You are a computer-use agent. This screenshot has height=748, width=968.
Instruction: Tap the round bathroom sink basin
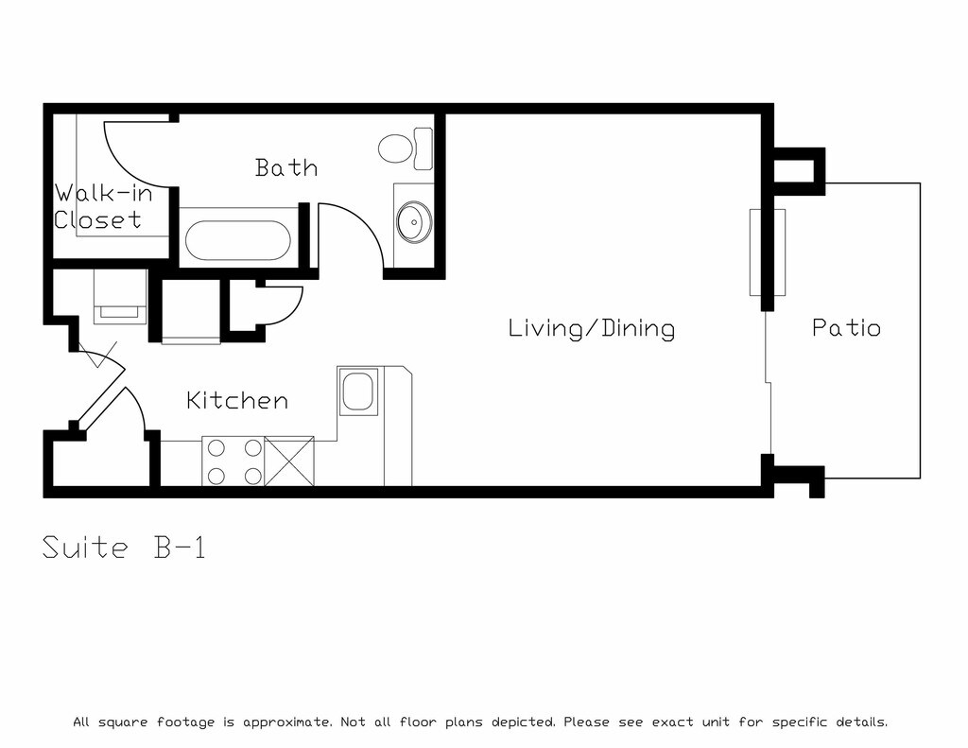[414, 221]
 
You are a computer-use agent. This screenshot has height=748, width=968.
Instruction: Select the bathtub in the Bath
[237, 240]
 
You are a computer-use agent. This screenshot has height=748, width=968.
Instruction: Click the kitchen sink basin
[357, 391]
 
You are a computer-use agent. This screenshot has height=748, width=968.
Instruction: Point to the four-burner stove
[233, 461]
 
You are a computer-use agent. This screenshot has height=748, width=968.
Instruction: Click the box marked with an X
[289, 461]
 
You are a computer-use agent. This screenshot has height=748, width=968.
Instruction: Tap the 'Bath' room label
[286, 167]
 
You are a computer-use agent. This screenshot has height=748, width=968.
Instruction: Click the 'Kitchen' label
[237, 400]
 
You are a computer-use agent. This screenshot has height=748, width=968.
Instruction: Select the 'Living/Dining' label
[592, 328]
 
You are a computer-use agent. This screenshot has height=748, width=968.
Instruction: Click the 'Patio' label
[846, 327]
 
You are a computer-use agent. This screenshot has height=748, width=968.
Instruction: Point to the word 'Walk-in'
[103, 193]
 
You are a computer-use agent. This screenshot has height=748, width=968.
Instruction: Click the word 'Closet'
[97, 220]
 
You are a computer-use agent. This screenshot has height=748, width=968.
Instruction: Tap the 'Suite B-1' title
[124, 548]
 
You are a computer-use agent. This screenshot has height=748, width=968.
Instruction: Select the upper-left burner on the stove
[216, 448]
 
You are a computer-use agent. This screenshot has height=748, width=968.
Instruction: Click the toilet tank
[423, 148]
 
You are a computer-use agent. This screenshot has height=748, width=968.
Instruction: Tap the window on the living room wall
[768, 252]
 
